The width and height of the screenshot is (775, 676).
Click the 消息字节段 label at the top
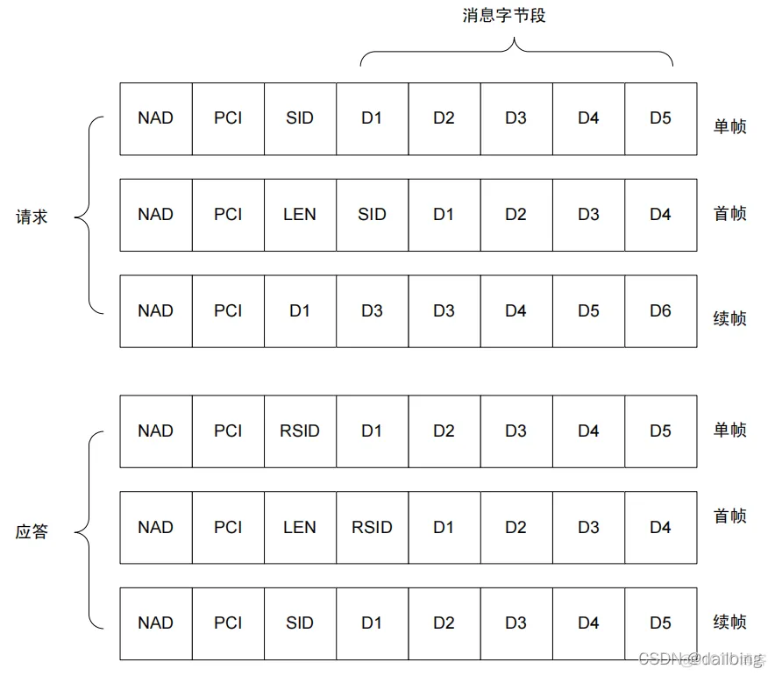pos(504,16)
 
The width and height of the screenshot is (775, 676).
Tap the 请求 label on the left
pos(32,217)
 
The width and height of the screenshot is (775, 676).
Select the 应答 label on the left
pos(32,531)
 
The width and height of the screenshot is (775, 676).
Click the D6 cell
pos(660,310)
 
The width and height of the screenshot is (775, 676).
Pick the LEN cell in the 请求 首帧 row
pos(300,215)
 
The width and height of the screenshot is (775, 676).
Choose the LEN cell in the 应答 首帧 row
pos(300,527)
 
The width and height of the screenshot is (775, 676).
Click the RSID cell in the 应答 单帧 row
pos(300,431)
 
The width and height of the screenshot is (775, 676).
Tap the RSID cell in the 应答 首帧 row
pos(372,527)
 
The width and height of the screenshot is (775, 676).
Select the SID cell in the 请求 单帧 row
pos(300,118)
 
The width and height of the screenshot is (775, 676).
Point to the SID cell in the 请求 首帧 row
pos(372,215)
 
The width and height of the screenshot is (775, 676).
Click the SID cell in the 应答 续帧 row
pos(300,623)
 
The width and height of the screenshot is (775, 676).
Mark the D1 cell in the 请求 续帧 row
pos(300,310)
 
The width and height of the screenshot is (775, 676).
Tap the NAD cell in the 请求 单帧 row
pos(155,118)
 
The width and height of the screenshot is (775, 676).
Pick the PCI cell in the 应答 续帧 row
pos(228,623)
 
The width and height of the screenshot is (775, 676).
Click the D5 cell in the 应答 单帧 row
pos(660,431)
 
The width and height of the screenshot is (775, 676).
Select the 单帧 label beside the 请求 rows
pos(729,126)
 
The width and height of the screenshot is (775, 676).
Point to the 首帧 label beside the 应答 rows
pos(729,516)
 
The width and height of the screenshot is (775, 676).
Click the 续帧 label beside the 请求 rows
pos(729,318)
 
